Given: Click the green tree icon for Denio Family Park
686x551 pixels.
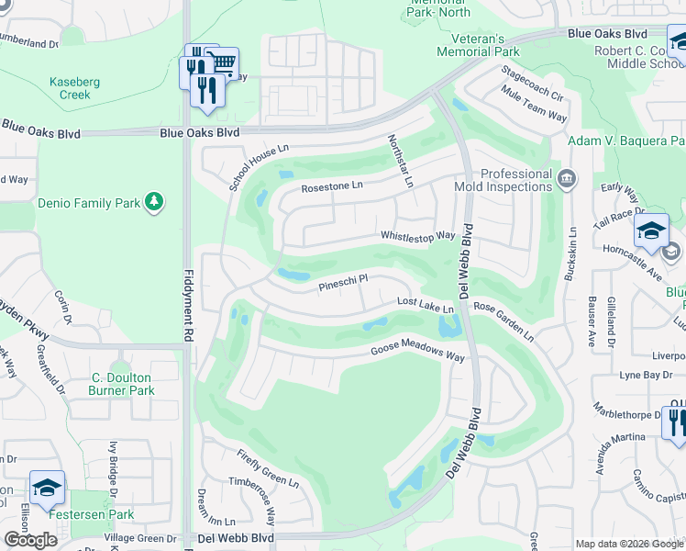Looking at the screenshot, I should tap(154, 201).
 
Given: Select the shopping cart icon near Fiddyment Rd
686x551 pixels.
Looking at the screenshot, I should tap(224, 62).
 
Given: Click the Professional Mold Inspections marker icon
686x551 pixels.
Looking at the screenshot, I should tap(566, 176).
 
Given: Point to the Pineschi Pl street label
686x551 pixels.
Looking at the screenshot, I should tap(343, 284).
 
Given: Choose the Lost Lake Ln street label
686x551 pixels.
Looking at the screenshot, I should tap(426, 305).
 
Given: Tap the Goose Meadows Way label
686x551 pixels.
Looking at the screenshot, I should tap(417, 353).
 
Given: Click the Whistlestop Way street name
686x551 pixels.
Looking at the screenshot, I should tap(418, 236).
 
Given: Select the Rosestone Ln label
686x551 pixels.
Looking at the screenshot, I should tap(333, 186).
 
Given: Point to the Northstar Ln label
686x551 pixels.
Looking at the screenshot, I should tap(400, 160).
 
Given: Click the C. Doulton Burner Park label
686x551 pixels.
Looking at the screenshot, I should tap(123, 383).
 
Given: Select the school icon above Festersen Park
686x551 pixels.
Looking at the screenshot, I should tap(47, 488).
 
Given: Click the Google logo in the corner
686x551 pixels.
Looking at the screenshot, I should tap(29, 540).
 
